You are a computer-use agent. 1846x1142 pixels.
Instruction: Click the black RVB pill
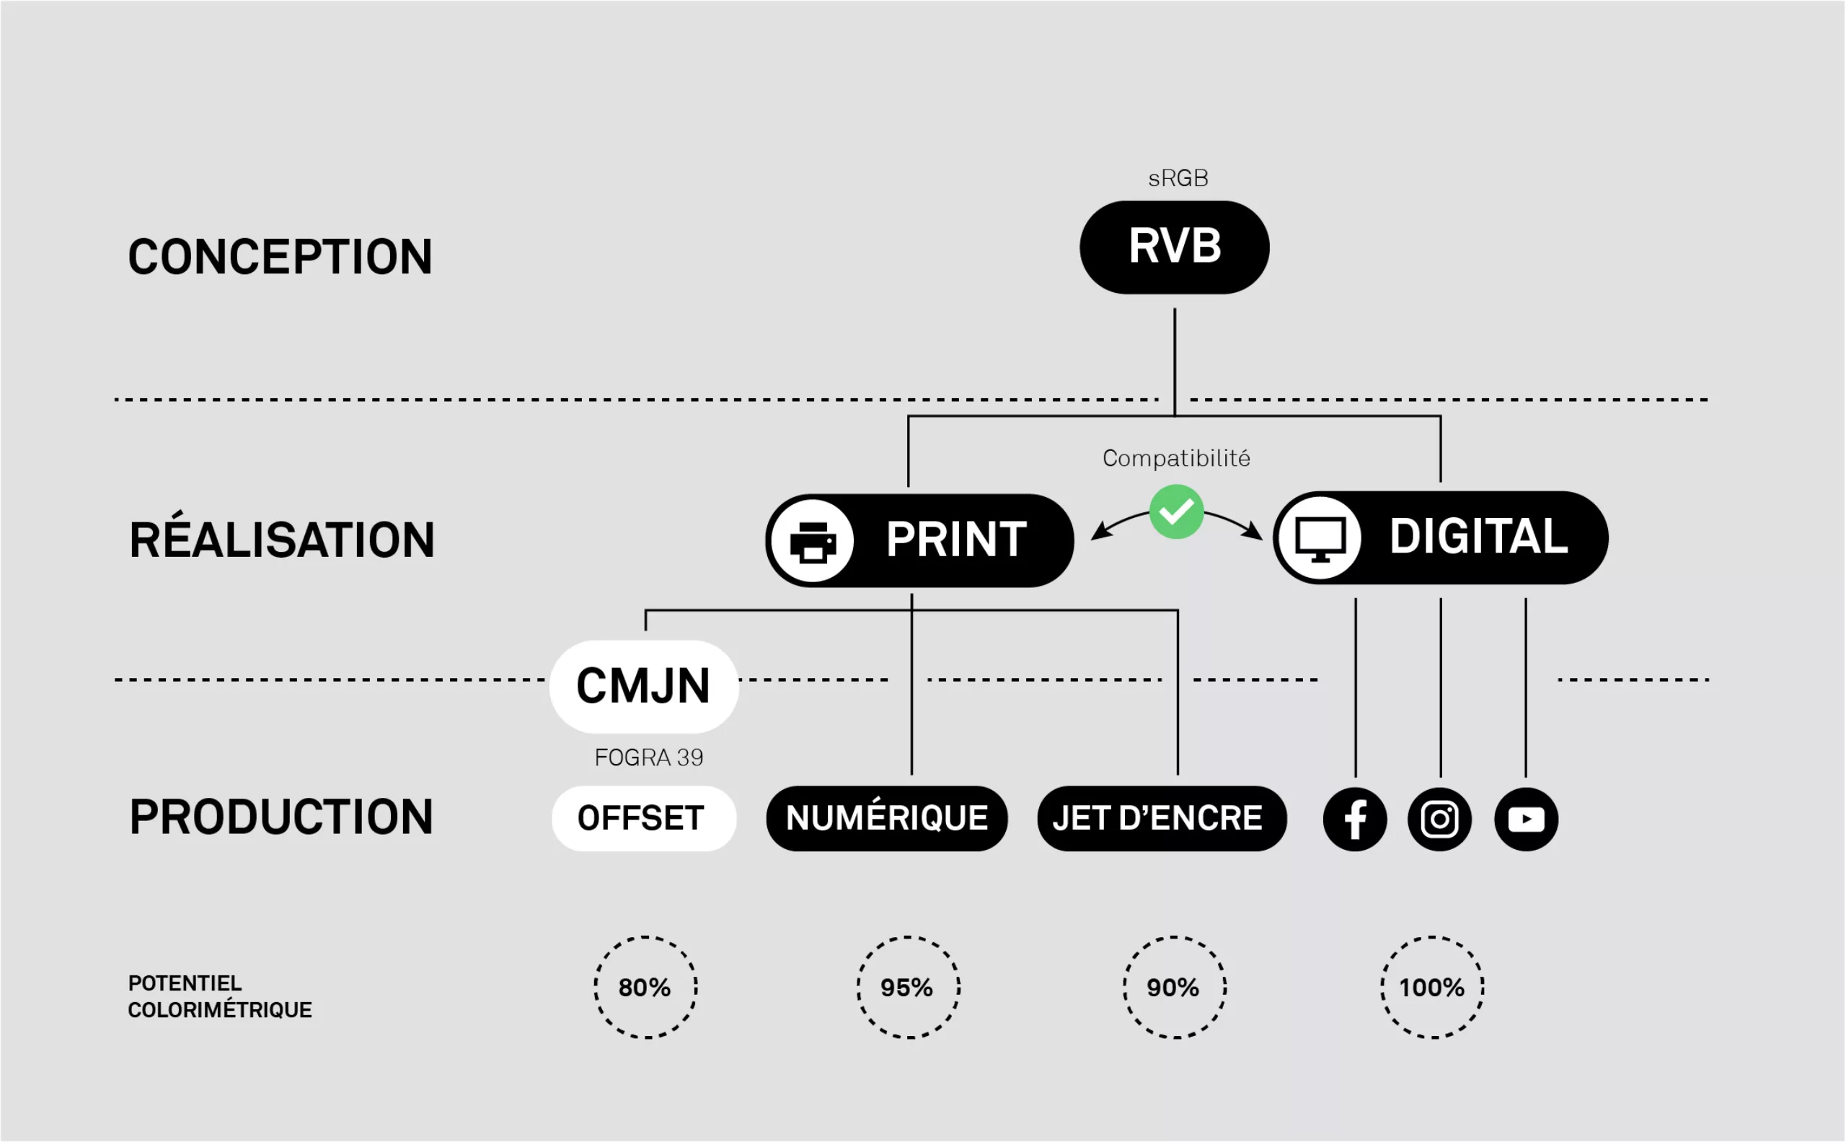(x=1174, y=247)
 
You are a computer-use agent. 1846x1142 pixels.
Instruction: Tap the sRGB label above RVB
(x=1178, y=178)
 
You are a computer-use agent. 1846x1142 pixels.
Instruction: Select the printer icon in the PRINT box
(x=813, y=541)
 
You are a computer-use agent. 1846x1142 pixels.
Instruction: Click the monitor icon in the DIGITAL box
(x=1320, y=538)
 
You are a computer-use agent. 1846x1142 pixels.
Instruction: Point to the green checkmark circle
(x=1176, y=512)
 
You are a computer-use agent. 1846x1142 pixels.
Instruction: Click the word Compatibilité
(x=1175, y=459)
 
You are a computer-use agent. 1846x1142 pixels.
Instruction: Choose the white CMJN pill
(x=643, y=687)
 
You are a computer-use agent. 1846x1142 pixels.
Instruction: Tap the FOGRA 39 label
(x=648, y=757)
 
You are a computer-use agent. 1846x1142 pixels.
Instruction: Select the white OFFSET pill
(x=643, y=819)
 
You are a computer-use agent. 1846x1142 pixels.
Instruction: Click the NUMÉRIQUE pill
(x=886, y=819)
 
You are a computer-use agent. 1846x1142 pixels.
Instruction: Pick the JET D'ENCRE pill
(x=1160, y=819)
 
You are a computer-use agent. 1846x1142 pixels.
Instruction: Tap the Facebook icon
(x=1355, y=820)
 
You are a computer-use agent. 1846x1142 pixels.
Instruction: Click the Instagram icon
(x=1440, y=820)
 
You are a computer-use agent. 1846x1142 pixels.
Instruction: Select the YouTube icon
(x=1526, y=820)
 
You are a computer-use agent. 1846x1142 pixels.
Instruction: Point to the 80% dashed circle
(x=645, y=987)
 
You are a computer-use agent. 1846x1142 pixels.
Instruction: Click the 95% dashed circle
(x=908, y=987)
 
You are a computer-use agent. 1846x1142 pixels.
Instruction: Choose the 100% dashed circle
(x=1431, y=987)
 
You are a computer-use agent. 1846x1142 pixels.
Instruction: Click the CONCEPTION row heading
(x=280, y=257)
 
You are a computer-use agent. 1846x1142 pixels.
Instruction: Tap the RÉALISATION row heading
(x=282, y=540)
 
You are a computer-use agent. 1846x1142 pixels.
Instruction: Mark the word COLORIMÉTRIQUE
(x=220, y=1011)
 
